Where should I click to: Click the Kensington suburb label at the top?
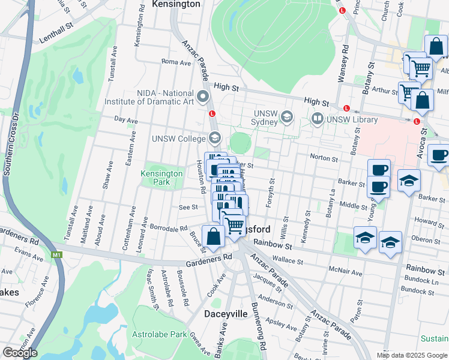(176, 4)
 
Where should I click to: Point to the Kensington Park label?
(161, 177)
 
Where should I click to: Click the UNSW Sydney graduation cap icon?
(288, 116)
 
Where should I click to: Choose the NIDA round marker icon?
(203, 95)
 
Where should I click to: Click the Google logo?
(20, 353)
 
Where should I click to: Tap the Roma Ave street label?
(176, 62)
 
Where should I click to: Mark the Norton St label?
(324, 158)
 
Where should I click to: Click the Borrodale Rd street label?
(169, 229)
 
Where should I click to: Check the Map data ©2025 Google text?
(412, 355)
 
